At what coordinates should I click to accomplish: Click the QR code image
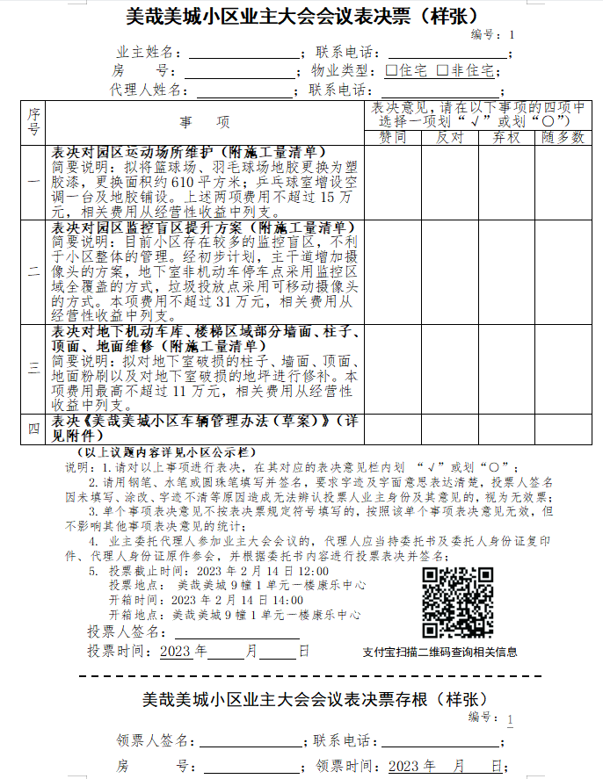pyautogui.click(x=457, y=602)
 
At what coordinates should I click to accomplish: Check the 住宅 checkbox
pyautogui.click(x=392, y=70)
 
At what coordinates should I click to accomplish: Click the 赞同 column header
pyautogui.click(x=393, y=138)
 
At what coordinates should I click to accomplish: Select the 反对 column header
pyautogui.click(x=450, y=138)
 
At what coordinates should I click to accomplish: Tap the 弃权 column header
pyautogui.click(x=506, y=138)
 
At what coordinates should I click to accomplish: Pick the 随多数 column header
pyautogui.click(x=562, y=138)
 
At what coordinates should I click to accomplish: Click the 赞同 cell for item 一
pyautogui.click(x=393, y=182)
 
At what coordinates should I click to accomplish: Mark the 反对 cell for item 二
pyautogui.click(x=450, y=271)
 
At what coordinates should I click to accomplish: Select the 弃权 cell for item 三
pyautogui.click(x=506, y=369)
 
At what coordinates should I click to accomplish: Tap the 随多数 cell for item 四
pyautogui.click(x=562, y=429)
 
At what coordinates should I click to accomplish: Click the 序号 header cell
pyautogui.click(x=33, y=123)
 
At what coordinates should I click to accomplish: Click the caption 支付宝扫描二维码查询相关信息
pyautogui.click(x=440, y=652)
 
